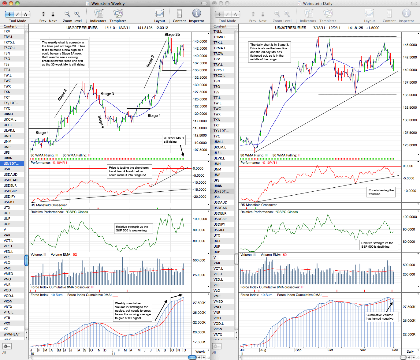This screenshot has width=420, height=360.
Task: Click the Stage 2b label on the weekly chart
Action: click(172, 35)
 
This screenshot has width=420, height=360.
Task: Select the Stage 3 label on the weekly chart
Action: click(107, 94)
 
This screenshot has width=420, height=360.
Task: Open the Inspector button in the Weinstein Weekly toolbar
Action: click(196, 16)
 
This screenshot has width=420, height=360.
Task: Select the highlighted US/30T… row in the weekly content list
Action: click(12, 163)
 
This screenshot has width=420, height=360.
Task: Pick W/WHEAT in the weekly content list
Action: click(12, 334)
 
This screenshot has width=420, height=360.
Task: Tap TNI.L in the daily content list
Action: click(217, 32)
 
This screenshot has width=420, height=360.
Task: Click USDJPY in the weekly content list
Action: click(9, 197)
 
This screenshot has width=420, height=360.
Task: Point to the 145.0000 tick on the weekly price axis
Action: click(200, 41)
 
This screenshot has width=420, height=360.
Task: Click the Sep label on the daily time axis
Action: click(298, 350)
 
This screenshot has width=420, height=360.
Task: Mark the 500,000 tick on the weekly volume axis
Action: click(199, 260)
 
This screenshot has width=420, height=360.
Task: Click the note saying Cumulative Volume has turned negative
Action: click(380, 317)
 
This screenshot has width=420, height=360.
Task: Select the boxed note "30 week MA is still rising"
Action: click(174, 140)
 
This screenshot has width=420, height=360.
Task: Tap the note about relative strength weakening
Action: click(133, 228)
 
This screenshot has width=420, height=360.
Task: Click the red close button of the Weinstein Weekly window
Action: click(5, 3)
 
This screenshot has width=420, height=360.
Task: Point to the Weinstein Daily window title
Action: click(318, 3)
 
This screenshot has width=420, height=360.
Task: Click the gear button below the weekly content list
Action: click(7, 346)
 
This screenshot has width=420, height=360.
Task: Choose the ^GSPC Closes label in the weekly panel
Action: click(77, 212)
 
